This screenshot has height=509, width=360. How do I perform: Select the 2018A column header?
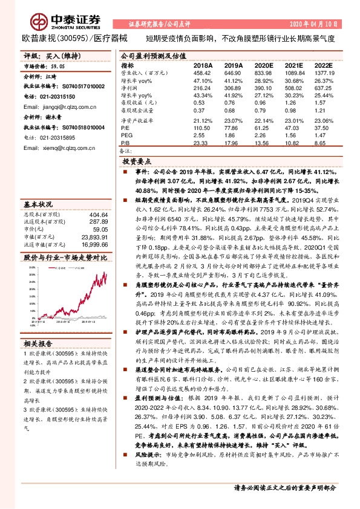[202, 65]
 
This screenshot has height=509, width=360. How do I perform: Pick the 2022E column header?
[324, 65]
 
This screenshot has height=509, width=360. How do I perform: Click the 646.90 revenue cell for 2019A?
[232, 73]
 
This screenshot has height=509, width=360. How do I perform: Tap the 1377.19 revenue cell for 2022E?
[324, 73]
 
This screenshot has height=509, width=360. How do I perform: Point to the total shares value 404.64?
[97, 214]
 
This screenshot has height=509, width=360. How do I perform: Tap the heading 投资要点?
[137, 162]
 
